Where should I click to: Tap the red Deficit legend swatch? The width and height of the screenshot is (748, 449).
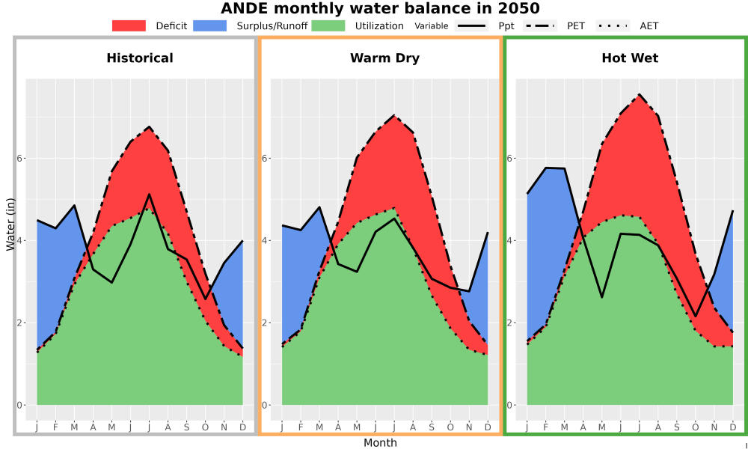pos(129,25)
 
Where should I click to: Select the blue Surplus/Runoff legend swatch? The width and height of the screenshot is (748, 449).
pos(210,25)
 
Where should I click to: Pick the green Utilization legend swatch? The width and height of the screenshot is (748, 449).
pos(328,25)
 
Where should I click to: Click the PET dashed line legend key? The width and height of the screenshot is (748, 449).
pos(540,25)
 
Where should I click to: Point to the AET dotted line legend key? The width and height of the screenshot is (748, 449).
pos(613,25)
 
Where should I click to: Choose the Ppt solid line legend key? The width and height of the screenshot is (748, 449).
pos(471,25)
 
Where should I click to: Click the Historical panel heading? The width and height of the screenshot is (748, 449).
pos(140,58)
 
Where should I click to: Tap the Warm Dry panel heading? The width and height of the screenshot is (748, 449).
pos(385,58)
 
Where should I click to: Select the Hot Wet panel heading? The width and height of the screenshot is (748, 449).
pos(630,58)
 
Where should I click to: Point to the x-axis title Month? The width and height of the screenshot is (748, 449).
pos(380,443)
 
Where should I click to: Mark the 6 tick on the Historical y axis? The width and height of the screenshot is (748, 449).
pos(20,158)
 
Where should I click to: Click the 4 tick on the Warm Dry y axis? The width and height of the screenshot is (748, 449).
pos(264,240)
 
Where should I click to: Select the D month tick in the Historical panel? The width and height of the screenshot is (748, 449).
pos(243,427)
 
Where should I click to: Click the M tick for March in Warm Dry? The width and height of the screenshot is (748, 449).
pos(319,427)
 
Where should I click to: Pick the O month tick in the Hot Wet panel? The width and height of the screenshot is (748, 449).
pos(695,427)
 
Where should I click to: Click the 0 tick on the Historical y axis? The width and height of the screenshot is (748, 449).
pos(20,406)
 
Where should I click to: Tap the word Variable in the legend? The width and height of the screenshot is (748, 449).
pos(432,26)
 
